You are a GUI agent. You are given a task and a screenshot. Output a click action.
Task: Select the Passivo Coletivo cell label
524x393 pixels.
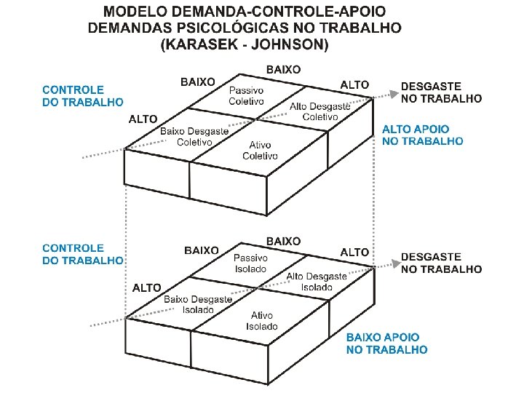coord(246,95)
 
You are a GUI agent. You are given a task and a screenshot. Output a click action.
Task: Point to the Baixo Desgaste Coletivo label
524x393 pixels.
coord(194,136)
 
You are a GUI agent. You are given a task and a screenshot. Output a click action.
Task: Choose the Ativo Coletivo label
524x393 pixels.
coord(260,150)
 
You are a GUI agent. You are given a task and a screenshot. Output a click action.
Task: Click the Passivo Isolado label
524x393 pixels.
coord(250,263)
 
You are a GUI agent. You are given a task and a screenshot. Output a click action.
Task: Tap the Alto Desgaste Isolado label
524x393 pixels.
coord(317,282)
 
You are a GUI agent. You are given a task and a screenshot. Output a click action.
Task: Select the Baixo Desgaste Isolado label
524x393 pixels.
coord(198,304)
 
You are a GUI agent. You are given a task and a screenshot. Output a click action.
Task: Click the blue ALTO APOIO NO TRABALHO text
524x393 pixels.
coord(422,135)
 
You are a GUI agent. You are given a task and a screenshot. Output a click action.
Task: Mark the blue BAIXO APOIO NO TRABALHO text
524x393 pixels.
coord(386,344)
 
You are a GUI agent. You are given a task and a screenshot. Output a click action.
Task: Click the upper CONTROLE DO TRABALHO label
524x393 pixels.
coord(82,96)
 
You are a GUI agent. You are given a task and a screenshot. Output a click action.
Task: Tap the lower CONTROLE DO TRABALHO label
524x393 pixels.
coord(82,253)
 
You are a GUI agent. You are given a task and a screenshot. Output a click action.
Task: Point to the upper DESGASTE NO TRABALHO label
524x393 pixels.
coord(441,92)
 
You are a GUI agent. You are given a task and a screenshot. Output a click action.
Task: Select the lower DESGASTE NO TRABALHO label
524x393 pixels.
coord(441,263)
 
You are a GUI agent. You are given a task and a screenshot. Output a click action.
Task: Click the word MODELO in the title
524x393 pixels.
coord(136,12)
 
